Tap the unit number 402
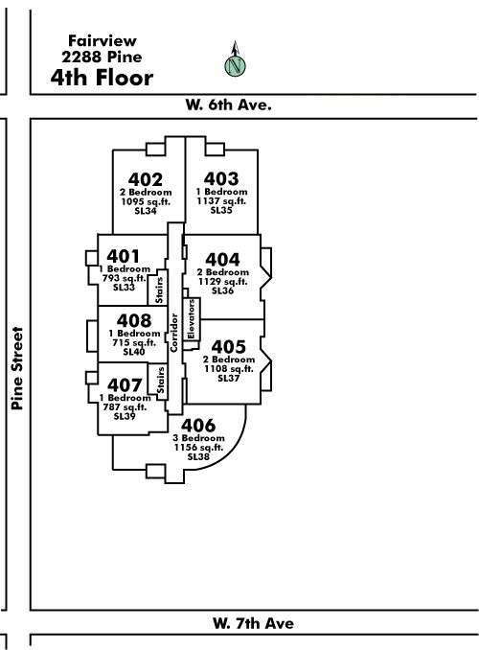pyautogui.click(x=146, y=179)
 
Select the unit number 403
pyautogui.click(x=221, y=178)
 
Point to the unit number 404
pyautogui.click(x=222, y=260)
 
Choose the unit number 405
pyautogui.click(x=228, y=346)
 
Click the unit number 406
pyautogui.click(x=198, y=426)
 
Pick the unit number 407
pyautogui.click(x=125, y=385)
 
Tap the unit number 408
pyautogui.click(x=134, y=320)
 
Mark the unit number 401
pyautogui.click(x=123, y=256)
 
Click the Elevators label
pyautogui.click(x=191, y=319)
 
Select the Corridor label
pyautogui.click(x=173, y=333)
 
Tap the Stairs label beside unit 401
pyautogui.click(x=159, y=290)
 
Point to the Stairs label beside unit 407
pyautogui.click(x=160, y=381)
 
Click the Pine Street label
pyautogui.click(x=17, y=368)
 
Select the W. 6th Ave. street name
pyautogui.click(x=228, y=104)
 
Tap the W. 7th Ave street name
pyautogui.click(x=253, y=623)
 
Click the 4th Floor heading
pyautogui.click(x=102, y=78)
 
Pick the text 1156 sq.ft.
pyautogui.click(x=198, y=448)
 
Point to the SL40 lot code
pyautogui.click(x=134, y=352)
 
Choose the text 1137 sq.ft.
pyautogui.click(x=221, y=200)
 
